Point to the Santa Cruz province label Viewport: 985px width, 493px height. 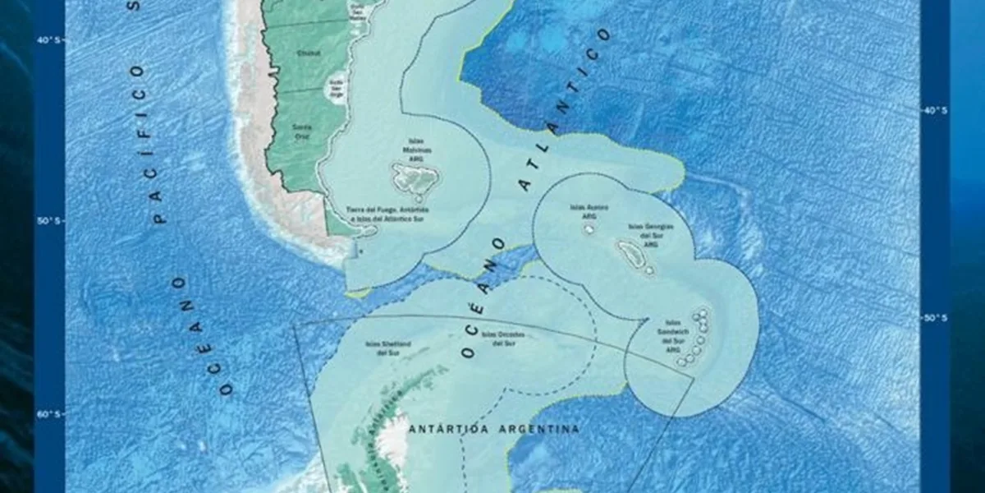(x=302, y=131)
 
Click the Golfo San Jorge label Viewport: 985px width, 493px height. (x=336, y=87)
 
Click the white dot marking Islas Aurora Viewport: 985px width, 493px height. (x=589, y=230)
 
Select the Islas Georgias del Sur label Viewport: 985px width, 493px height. (x=651, y=234)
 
